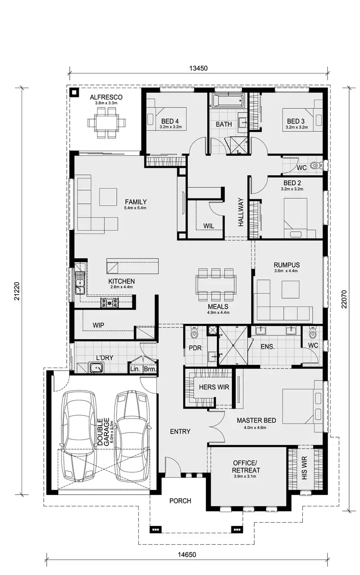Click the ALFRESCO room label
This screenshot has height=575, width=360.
click(x=106, y=97)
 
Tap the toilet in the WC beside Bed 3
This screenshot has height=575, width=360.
click(x=315, y=166)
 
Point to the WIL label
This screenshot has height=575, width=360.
click(x=208, y=225)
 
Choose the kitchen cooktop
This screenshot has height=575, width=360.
click(x=109, y=302)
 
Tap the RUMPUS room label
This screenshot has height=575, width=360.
click(x=287, y=264)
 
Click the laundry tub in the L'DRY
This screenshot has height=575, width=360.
click(x=96, y=368)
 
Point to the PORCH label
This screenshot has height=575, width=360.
click(x=180, y=501)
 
